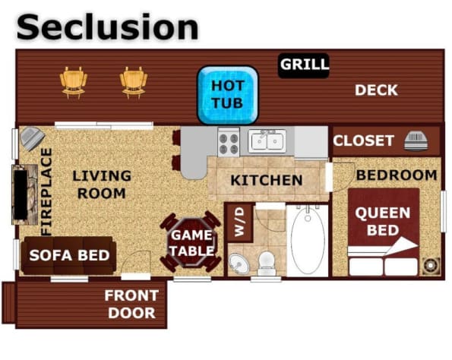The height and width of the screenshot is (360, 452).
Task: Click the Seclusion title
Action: tap(108, 27)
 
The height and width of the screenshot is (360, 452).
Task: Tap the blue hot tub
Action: tap(228, 95)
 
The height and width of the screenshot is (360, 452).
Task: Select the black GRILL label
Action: tap(304, 65)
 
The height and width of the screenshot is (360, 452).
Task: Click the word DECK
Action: tap(376, 90)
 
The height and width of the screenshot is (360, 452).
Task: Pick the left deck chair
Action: tap(74, 82)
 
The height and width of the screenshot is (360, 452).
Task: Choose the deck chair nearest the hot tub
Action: tap(134, 82)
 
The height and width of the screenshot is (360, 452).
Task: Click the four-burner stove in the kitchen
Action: tap(229, 143)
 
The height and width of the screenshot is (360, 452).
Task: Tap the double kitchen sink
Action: tap(267, 141)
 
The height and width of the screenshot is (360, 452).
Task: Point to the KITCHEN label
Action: tap(267, 181)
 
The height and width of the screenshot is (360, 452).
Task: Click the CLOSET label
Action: tap(363, 141)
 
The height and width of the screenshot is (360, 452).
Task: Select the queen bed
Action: tap(384, 232)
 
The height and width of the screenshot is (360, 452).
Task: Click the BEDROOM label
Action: tap(397, 175)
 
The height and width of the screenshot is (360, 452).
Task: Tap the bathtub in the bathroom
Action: tap(308, 241)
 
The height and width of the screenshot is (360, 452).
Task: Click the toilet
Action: tap(267, 263)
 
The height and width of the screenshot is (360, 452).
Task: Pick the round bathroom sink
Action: tap(239, 264)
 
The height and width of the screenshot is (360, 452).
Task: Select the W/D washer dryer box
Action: tap(240, 223)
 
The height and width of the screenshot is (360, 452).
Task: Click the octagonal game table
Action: tap(191, 242)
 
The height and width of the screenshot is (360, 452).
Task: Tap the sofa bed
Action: tap(68, 255)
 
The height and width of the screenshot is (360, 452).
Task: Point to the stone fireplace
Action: tap(25, 195)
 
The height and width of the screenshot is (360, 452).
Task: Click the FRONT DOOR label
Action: tap(131, 304)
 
